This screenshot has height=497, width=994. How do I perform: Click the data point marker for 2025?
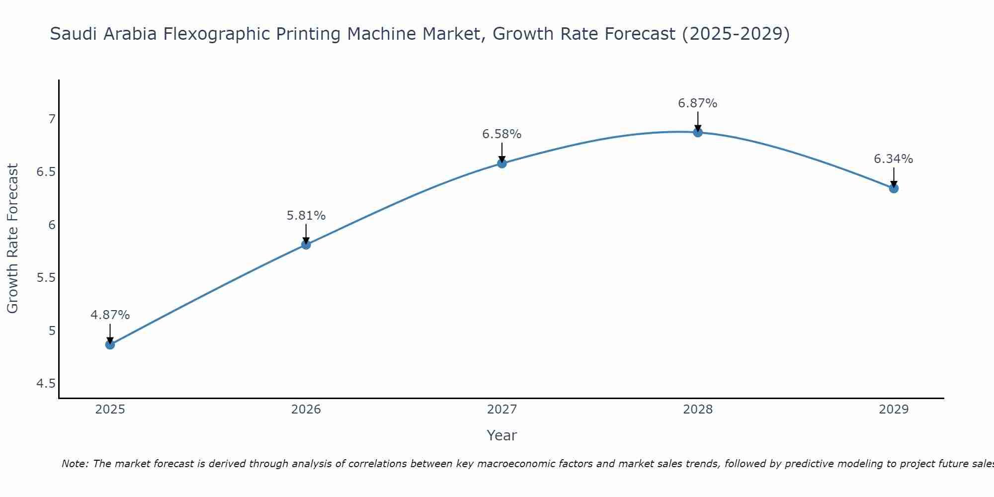pyautogui.click(x=110, y=344)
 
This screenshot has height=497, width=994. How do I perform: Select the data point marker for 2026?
pyautogui.click(x=306, y=245)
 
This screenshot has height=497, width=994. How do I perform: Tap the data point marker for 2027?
pyautogui.click(x=502, y=163)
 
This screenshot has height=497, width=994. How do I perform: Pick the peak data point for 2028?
pyautogui.click(x=698, y=132)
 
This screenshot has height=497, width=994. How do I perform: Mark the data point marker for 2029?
pyautogui.click(x=894, y=188)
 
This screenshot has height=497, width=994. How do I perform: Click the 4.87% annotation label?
pyautogui.click(x=110, y=315)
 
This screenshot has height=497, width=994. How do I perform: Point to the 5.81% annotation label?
pyautogui.click(x=306, y=216)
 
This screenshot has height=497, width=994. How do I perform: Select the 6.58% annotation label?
pyautogui.click(x=502, y=134)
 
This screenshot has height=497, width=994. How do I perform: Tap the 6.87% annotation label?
pyautogui.click(x=698, y=103)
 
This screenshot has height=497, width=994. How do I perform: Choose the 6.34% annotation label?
pyautogui.click(x=894, y=159)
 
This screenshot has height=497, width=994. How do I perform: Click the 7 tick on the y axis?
pyautogui.click(x=52, y=119)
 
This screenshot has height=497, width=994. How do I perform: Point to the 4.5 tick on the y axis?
pyautogui.click(x=46, y=384)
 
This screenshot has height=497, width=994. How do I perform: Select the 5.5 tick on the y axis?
pyautogui.click(x=46, y=278)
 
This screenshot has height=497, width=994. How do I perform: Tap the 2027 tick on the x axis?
pyautogui.click(x=502, y=410)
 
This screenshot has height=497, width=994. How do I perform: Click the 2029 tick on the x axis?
pyautogui.click(x=894, y=410)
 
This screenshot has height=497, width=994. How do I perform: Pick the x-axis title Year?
pyautogui.click(x=502, y=435)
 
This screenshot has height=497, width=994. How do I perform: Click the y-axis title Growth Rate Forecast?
pyautogui.click(x=13, y=239)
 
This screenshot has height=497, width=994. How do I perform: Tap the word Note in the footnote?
pyautogui.click(x=75, y=464)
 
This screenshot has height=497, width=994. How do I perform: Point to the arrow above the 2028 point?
pyautogui.click(x=698, y=121)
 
